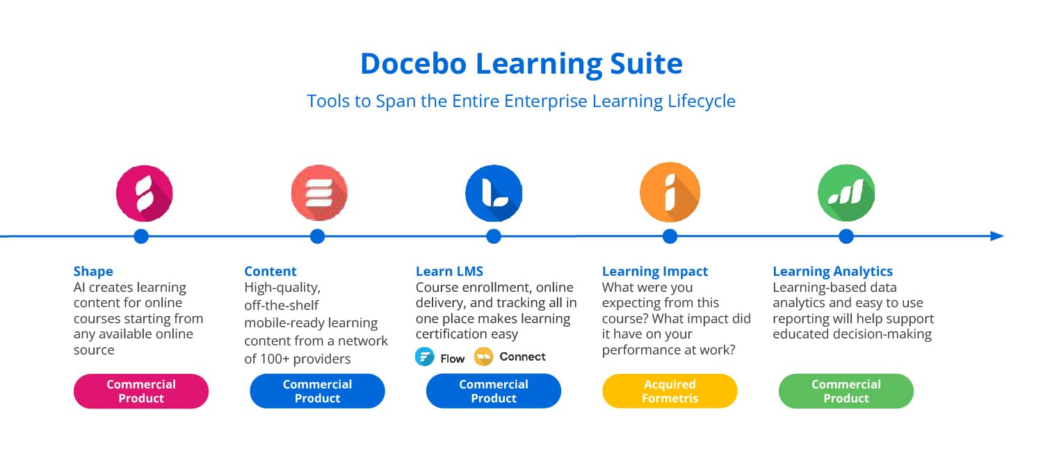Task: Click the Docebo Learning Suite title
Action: [x=521, y=64]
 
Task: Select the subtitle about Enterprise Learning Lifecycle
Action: [x=521, y=101]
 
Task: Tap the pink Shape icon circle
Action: [x=145, y=193]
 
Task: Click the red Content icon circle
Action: [x=319, y=192]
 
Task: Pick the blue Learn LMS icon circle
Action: [x=494, y=193]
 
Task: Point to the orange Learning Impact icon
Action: [x=670, y=192]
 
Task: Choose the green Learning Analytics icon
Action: [x=846, y=192]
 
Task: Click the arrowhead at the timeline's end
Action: [x=997, y=236]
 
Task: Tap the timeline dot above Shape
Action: [x=141, y=236]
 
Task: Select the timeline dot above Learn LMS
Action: [x=494, y=236]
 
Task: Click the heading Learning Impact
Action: [x=655, y=271]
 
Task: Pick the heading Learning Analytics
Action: [x=832, y=271]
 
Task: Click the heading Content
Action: [x=270, y=271]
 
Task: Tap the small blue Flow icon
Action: [x=425, y=357]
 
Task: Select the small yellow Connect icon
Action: [x=484, y=357]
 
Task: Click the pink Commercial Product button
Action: [x=141, y=391]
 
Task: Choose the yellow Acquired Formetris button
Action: [x=670, y=391]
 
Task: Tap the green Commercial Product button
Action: [x=846, y=391]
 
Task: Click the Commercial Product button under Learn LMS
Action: [x=494, y=391]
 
